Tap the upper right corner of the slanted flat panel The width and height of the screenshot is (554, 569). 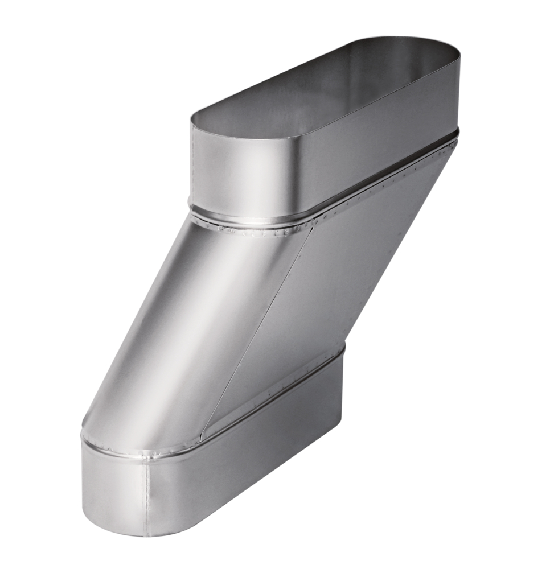click(x=453, y=145)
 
